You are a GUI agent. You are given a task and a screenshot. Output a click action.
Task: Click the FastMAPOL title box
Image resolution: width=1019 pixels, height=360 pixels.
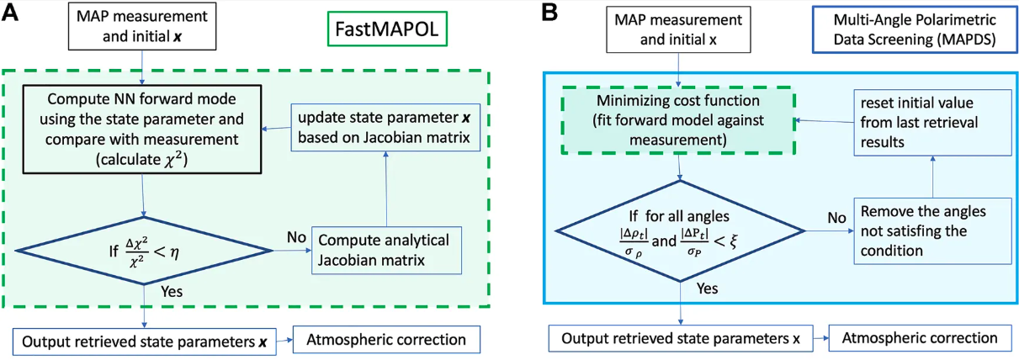387,29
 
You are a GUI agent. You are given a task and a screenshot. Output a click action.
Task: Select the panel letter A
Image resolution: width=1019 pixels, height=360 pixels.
10,13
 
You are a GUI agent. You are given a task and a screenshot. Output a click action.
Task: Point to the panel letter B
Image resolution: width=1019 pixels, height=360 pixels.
549,13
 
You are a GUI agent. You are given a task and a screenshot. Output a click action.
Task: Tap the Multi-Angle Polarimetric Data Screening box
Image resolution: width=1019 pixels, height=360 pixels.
915,29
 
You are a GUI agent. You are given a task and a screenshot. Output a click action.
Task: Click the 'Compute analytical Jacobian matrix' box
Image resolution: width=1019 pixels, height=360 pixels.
386,251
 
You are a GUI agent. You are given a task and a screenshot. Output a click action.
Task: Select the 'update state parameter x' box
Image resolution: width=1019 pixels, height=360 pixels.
385,127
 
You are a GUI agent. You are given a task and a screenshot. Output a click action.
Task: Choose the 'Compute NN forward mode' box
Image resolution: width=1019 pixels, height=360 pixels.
142,129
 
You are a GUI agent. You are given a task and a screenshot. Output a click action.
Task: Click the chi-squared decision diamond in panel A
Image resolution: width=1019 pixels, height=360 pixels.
144,251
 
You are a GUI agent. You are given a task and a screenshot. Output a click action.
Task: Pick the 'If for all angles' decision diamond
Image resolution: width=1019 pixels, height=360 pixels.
680,231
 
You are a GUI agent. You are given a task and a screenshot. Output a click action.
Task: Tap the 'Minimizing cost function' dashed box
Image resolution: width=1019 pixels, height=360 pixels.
678,120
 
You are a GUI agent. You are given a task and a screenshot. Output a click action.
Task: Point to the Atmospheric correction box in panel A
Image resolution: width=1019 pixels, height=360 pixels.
386,340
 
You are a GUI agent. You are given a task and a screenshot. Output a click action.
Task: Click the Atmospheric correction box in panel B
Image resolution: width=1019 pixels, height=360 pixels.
920,338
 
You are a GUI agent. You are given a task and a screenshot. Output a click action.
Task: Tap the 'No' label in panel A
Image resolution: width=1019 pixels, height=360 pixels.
296,237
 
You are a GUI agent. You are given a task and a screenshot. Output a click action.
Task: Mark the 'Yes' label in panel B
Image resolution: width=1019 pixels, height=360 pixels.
707,289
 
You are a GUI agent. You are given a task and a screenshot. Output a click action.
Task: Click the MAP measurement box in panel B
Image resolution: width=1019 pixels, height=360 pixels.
678,29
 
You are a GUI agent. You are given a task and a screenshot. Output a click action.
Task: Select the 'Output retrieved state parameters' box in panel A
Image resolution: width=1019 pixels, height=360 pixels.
144,341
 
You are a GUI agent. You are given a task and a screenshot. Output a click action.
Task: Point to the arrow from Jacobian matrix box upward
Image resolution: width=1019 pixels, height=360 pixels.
385,189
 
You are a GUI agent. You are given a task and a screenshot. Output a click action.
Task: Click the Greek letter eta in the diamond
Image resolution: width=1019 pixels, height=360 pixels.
174,251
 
